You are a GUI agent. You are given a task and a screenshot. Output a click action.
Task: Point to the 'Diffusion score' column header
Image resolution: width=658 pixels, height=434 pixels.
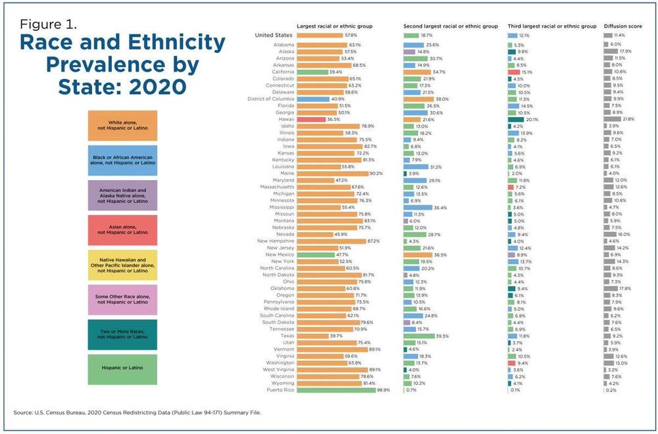(623, 26)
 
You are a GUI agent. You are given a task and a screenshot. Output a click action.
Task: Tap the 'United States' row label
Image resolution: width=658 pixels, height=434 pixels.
(274, 35)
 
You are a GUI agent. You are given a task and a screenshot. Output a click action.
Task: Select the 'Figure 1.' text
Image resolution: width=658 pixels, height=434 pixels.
(49, 25)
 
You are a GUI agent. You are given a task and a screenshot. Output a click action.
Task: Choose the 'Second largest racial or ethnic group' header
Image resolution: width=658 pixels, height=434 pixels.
(451, 26)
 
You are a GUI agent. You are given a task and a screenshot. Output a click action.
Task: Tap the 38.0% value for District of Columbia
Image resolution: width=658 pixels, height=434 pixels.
(442, 99)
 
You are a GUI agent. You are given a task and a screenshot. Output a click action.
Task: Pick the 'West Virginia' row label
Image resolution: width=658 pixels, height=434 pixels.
(280, 370)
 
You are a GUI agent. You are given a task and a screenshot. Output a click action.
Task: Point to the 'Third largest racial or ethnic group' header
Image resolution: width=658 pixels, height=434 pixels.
(552, 26)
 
